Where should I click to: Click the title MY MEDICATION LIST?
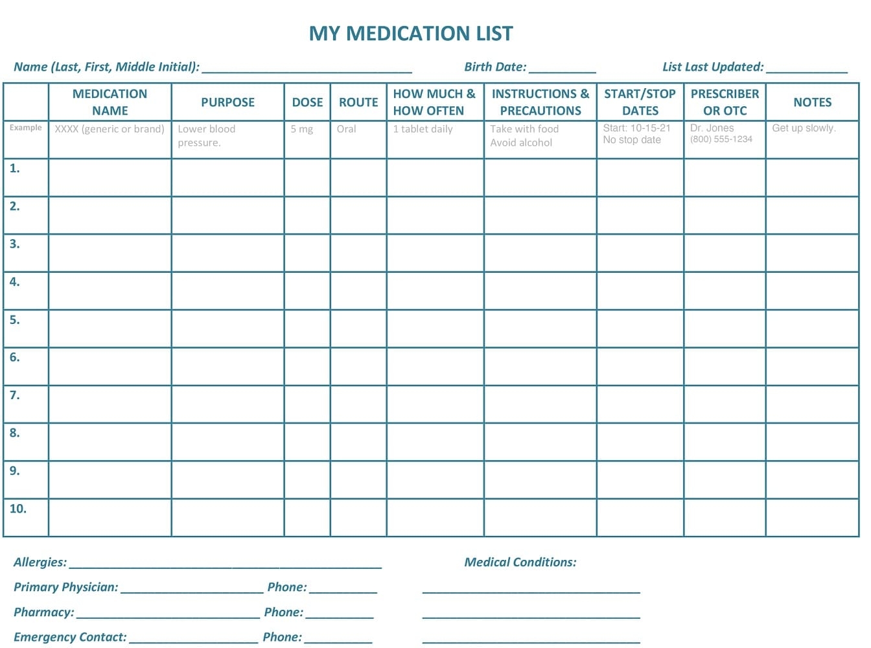(x=411, y=33)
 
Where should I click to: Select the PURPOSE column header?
(x=227, y=102)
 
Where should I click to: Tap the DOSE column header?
(x=307, y=102)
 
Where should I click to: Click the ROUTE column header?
(x=358, y=102)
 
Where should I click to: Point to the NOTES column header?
(x=812, y=102)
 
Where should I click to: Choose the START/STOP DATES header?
(x=640, y=102)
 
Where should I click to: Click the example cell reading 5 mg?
(x=301, y=129)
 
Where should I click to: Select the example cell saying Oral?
(x=346, y=129)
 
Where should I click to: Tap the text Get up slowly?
(x=804, y=128)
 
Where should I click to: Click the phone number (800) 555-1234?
(x=721, y=139)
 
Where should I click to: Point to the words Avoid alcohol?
(x=521, y=143)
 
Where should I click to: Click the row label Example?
(x=25, y=128)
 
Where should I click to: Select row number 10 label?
(x=17, y=509)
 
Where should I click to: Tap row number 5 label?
(x=14, y=319)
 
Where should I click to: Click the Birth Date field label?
(x=495, y=67)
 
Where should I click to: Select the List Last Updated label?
(x=713, y=67)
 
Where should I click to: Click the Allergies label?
(x=40, y=562)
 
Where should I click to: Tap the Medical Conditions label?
(x=520, y=562)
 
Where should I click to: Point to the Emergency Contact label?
(x=70, y=637)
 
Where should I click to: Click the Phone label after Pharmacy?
(x=283, y=612)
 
